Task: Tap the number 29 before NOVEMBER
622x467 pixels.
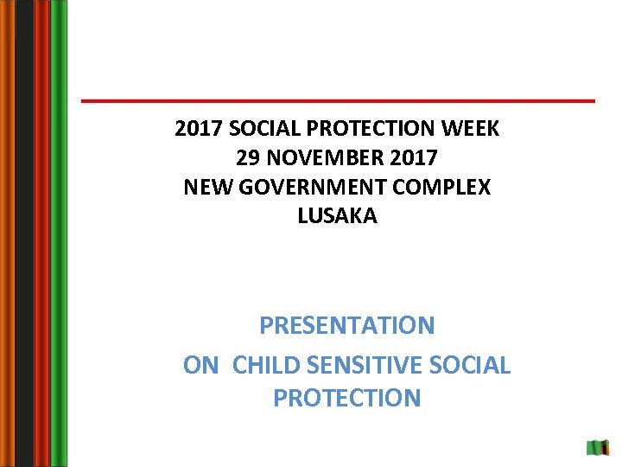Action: tap(248, 158)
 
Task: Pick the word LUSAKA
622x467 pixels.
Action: tap(337, 216)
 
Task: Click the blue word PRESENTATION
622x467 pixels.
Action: tap(346, 326)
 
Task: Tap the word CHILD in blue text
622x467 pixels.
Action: tap(264, 365)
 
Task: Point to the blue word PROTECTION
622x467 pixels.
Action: tap(346, 398)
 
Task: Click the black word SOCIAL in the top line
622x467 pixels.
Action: tap(255, 129)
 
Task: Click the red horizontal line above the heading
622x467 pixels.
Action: tap(337, 101)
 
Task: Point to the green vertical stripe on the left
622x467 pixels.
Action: tap(59, 233)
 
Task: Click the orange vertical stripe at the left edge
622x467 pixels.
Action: tap(7, 233)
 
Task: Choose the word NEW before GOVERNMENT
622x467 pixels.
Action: tap(206, 187)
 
